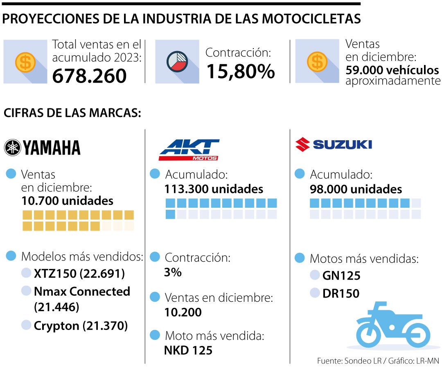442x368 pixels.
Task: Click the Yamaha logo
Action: click(x=42, y=148)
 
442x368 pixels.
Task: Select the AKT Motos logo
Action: click(x=189, y=150)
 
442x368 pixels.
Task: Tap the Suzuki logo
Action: click(x=334, y=144)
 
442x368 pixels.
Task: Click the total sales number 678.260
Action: click(x=89, y=76)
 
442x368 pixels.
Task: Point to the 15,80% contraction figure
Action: click(x=240, y=71)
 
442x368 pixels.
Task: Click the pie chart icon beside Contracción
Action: click(x=177, y=61)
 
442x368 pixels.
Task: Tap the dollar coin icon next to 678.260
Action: click(x=25, y=62)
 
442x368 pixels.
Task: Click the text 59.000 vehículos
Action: click(x=392, y=70)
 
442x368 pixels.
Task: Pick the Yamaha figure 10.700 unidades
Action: click(x=68, y=201)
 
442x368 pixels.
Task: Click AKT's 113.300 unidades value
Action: click(x=214, y=189)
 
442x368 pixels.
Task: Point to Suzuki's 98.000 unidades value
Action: click(x=356, y=189)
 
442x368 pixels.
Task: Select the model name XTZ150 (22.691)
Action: click(x=79, y=274)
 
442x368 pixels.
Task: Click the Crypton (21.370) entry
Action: click(x=81, y=325)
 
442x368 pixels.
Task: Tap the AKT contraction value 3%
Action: click(x=173, y=272)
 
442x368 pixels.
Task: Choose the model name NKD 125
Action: click(x=188, y=350)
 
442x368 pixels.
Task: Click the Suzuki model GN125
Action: click(x=341, y=276)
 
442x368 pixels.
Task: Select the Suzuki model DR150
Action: click(x=341, y=293)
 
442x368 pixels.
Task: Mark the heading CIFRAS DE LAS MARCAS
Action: click(x=72, y=113)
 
